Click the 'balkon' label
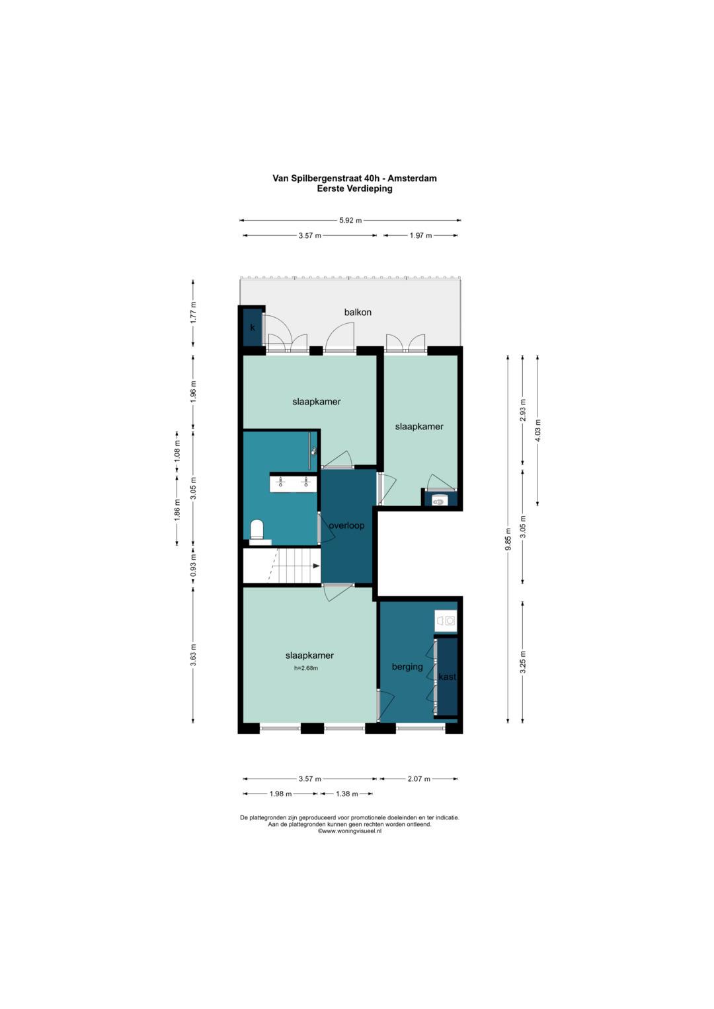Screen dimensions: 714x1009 358,312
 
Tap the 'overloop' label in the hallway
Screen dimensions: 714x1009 346,525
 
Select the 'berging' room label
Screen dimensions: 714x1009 407,667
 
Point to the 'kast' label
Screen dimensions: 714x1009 447,677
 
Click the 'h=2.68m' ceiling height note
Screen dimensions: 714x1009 306,668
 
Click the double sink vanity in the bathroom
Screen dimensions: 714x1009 293,482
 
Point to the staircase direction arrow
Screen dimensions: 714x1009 316,566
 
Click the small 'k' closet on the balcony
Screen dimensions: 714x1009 253,328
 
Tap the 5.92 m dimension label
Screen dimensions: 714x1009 350,220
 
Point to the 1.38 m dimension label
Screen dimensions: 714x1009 346,794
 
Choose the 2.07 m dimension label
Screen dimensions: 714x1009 418,778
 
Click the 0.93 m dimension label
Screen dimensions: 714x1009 193,568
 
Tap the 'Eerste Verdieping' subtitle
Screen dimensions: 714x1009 354,189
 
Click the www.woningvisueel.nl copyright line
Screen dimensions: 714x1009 349,831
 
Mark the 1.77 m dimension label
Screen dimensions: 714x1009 193,312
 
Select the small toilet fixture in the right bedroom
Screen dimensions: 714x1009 439,500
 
